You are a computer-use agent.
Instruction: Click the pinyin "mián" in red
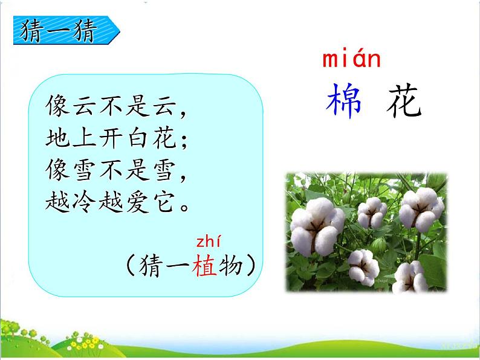[x=351, y=60]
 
